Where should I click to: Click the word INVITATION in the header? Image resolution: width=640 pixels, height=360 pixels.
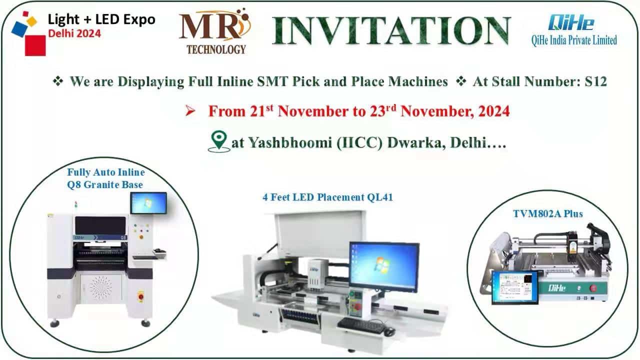tap(391, 30)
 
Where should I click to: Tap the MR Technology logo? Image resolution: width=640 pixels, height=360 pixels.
tap(215, 31)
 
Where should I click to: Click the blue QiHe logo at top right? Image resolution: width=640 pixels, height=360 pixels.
tap(571, 22)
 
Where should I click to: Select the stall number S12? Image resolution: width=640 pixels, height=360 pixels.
tap(595, 81)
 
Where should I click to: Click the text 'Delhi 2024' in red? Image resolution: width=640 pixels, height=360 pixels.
tap(74, 33)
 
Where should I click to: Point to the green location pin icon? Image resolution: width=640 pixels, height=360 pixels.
tap(219, 141)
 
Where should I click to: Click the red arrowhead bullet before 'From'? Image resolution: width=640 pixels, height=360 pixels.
tap(190, 111)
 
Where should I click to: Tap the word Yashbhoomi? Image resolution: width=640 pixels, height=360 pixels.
tap(290, 143)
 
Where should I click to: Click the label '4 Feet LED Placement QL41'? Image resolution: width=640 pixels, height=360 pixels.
tap(327, 197)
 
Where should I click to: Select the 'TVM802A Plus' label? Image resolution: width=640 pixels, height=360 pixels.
tap(547, 213)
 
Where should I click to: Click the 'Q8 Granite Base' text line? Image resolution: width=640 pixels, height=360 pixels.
tap(105, 185)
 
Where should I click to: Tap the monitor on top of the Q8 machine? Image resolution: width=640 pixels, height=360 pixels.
tap(148, 203)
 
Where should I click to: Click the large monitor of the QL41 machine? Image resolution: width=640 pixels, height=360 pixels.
tap(384, 266)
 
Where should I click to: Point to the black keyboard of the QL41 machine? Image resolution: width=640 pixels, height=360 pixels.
tap(361, 325)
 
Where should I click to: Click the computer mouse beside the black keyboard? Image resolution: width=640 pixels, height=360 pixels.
tap(389, 331)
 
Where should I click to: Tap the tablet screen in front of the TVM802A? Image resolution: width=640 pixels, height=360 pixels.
tap(515, 287)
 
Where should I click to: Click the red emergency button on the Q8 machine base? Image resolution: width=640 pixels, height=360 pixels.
tap(140, 296)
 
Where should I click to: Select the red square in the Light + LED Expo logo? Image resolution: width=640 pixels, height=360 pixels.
tap(35, 45)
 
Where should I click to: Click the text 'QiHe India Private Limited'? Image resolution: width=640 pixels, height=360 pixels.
tap(574, 40)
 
